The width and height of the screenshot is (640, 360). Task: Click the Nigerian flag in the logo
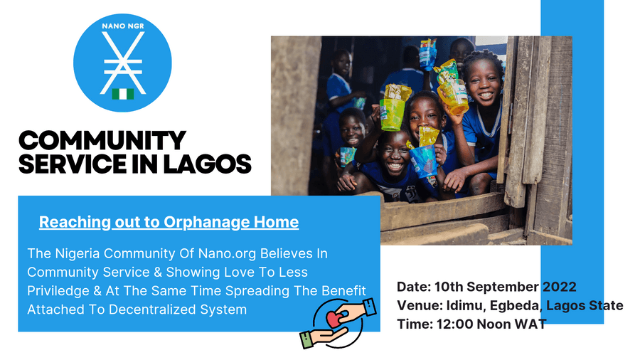pos(123,94)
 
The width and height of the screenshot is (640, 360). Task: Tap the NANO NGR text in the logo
pos(123,26)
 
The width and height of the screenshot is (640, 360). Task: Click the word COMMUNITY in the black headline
pos(102,141)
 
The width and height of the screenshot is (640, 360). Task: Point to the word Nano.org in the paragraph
pos(228,254)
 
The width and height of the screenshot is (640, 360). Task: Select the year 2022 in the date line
pos(559,287)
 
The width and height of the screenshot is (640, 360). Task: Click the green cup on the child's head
pos(392,115)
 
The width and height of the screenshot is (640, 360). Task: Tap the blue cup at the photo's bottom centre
pos(424,161)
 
